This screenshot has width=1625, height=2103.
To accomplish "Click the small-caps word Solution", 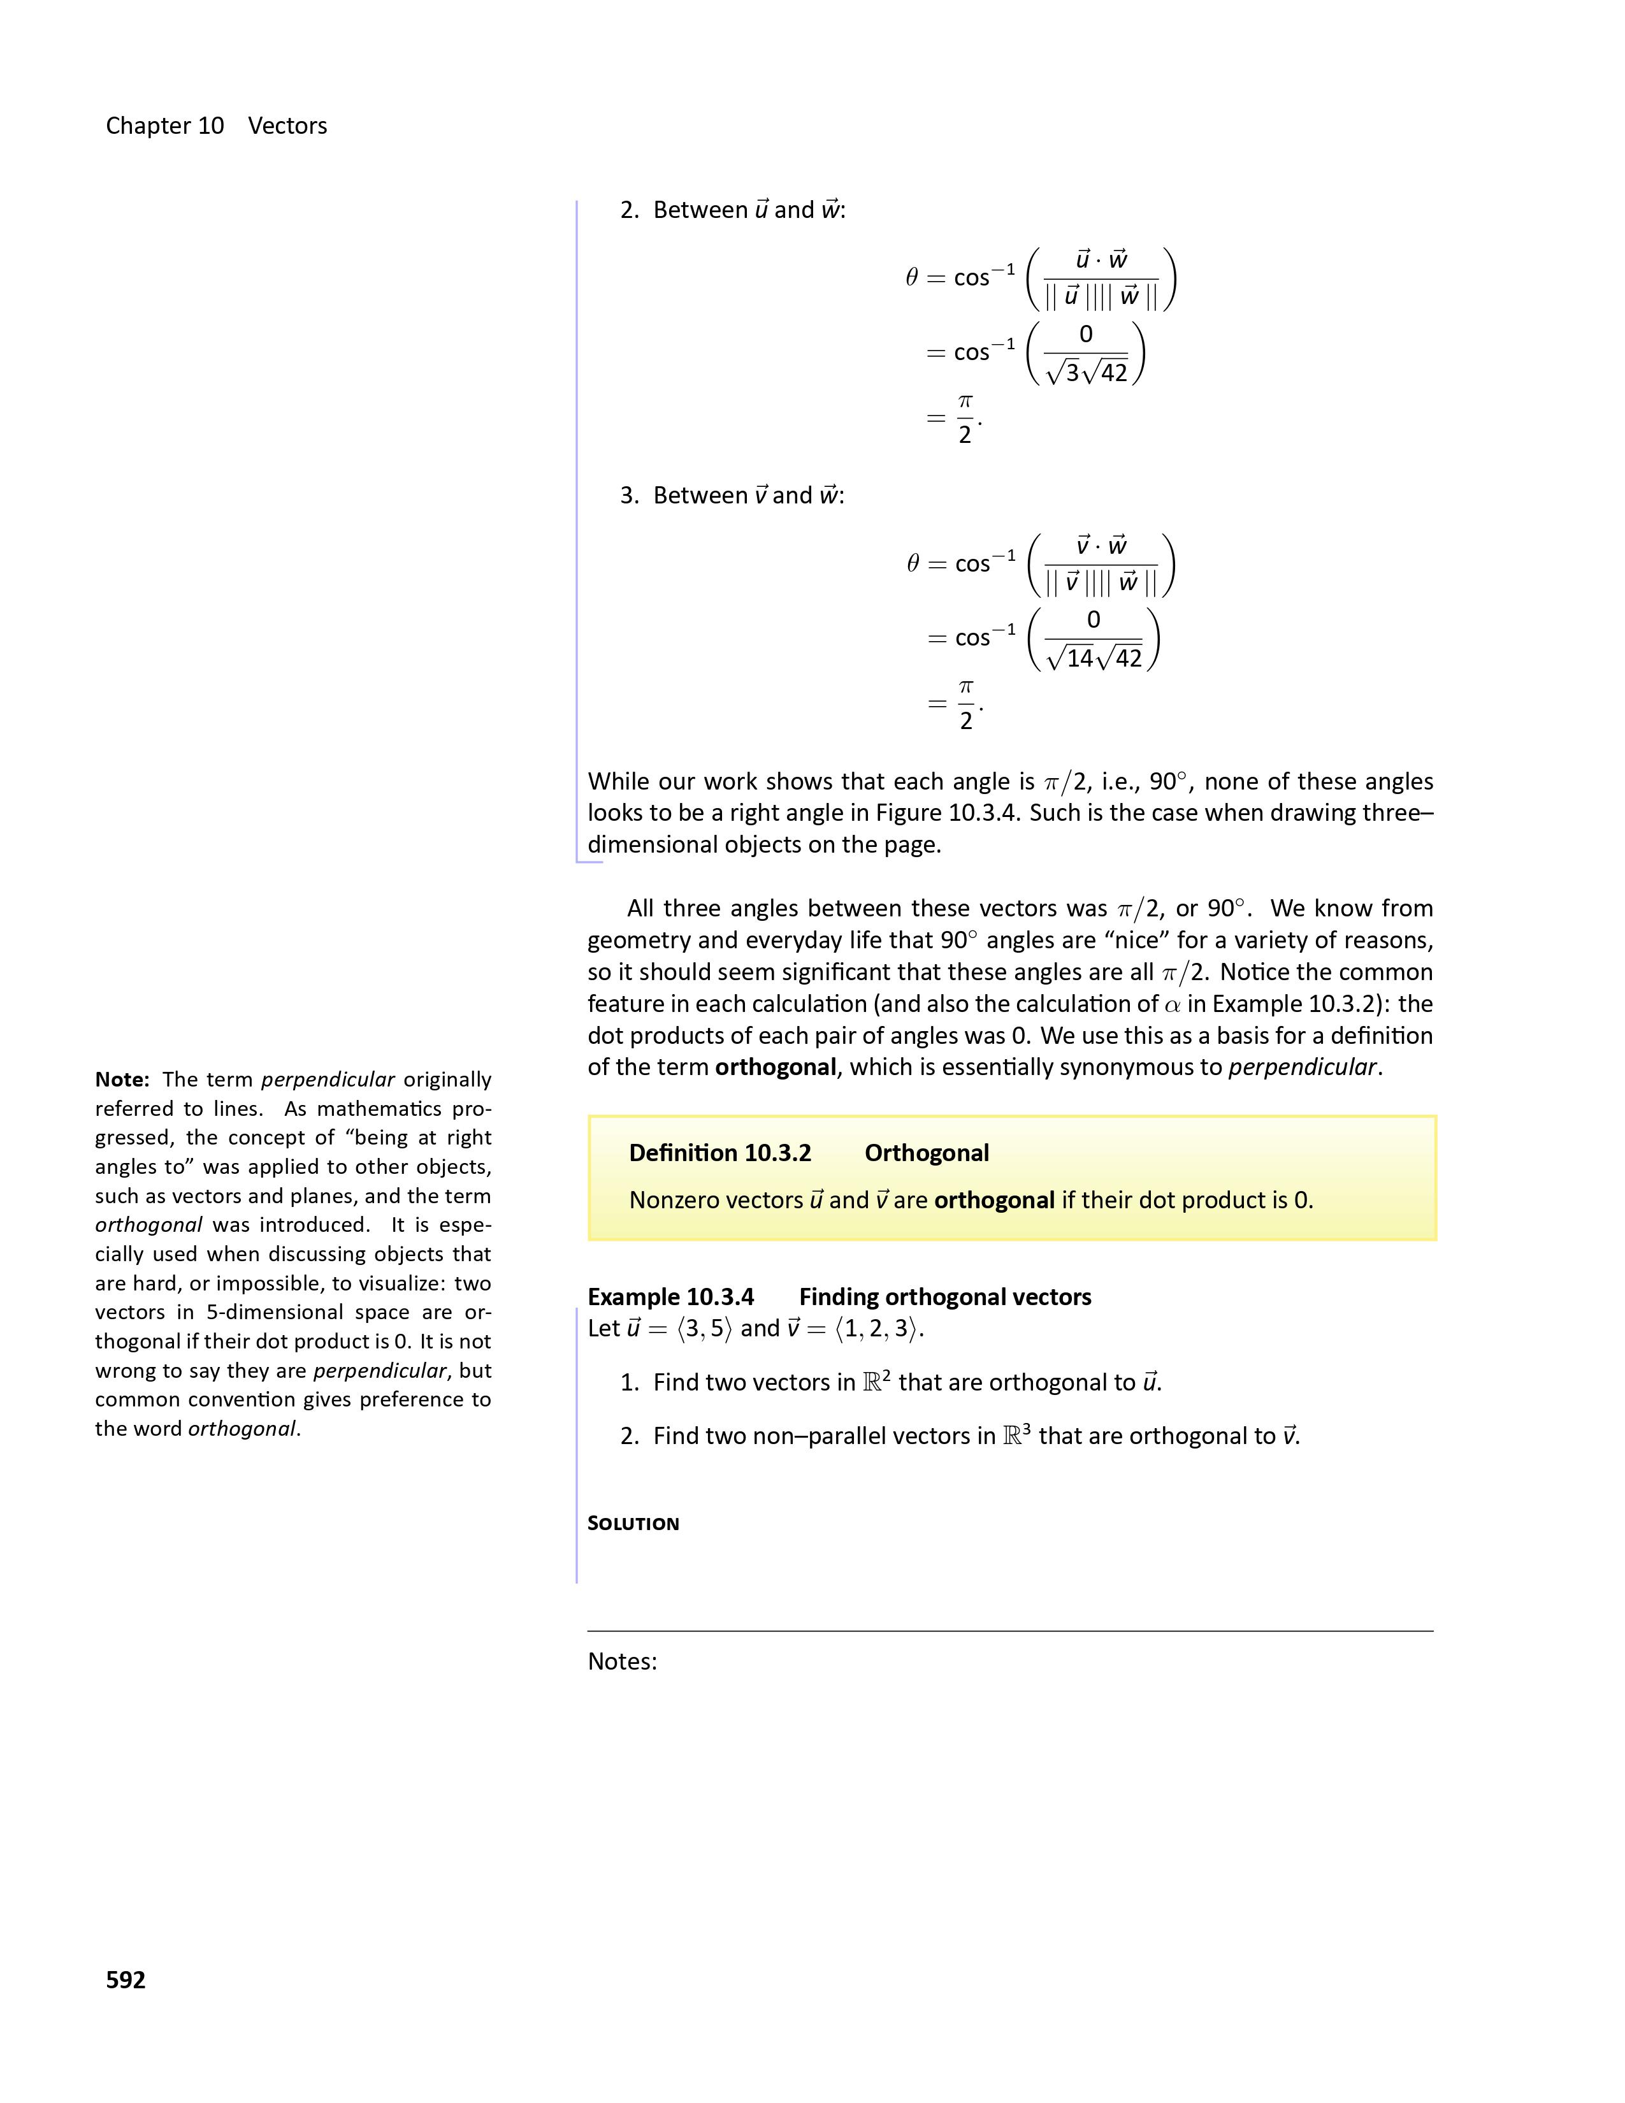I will point(633,1523).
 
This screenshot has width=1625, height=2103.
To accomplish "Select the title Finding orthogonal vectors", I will point(944,1297).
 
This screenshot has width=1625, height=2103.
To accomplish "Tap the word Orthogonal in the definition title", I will point(926,1153).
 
